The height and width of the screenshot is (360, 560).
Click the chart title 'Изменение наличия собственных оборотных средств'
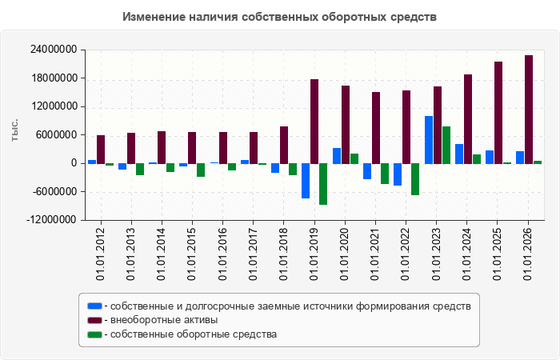click(280, 17)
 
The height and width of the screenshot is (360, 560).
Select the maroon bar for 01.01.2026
click(529, 110)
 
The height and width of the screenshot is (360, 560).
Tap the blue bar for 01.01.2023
click(429, 140)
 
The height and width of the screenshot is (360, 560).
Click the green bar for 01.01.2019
click(323, 184)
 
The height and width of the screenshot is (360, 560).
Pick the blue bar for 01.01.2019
click(306, 181)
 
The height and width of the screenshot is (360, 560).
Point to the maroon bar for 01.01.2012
click(101, 150)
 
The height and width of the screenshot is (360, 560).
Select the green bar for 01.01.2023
click(446, 146)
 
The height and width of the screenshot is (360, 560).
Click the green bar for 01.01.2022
click(415, 179)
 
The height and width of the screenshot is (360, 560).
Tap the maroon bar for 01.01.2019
click(314, 122)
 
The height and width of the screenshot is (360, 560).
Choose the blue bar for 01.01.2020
click(337, 156)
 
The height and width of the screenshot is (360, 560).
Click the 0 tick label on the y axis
click(74, 163)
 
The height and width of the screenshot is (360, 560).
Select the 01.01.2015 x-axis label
click(192, 254)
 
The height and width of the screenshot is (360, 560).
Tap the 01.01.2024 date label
click(466, 254)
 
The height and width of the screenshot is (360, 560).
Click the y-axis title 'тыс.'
click(14, 130)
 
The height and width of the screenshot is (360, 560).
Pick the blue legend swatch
click(94, 306)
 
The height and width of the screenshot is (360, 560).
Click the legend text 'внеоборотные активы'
click(164, 320)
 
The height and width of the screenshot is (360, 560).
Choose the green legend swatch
click(94, 334)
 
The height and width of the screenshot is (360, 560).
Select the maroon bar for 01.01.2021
click(376, 128)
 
